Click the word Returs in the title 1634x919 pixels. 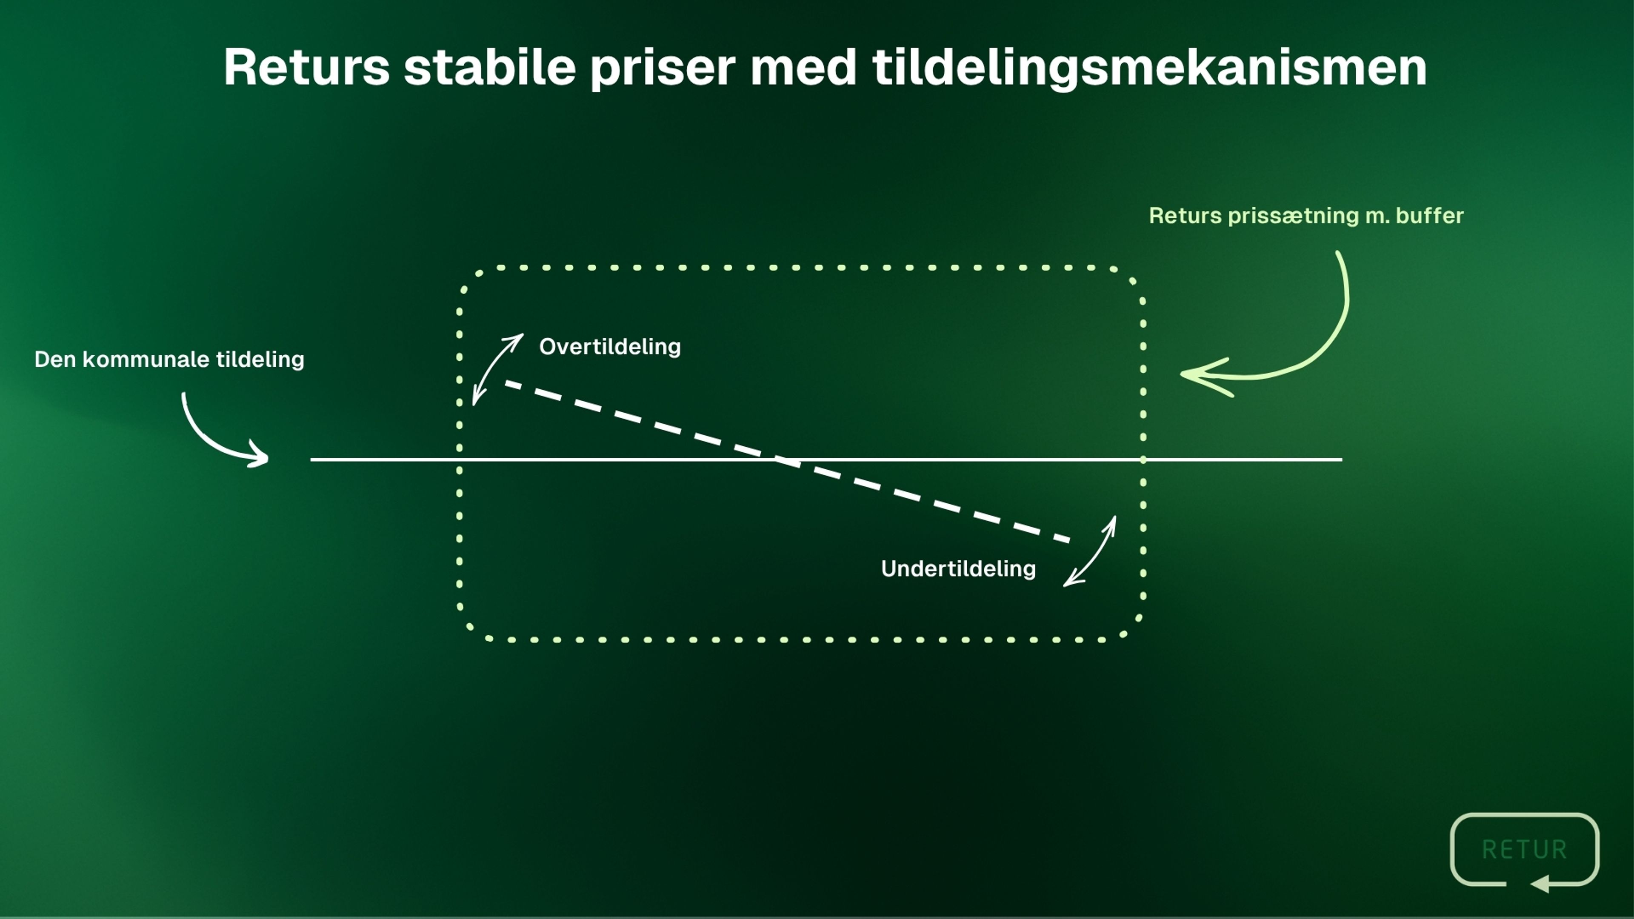pos(306,67)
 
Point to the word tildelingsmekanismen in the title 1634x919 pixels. pos(1149,68)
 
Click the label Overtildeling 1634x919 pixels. pos(610,346)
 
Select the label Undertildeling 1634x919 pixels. pos(958,568)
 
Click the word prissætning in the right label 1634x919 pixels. pos(1294,216)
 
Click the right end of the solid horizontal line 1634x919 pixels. pos(1342,459)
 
